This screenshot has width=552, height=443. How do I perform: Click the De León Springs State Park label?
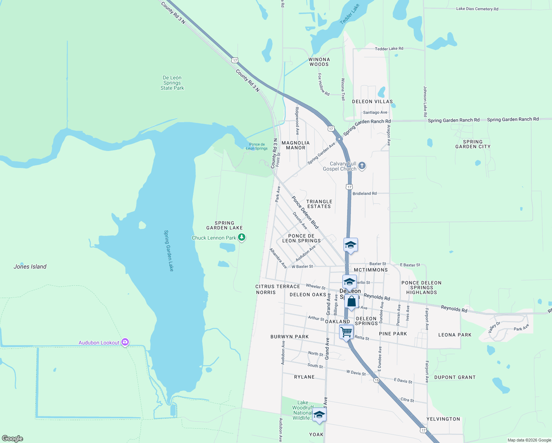(x=172, y=83)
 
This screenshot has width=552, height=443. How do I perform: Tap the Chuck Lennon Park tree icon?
(x=242, y=237)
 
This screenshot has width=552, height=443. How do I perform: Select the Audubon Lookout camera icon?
(x=125, y=342)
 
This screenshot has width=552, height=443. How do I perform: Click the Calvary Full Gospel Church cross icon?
(x=362, y=165)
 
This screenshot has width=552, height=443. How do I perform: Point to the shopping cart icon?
(x=346, y=332)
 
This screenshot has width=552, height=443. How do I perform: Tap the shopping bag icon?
(x=352, y=301)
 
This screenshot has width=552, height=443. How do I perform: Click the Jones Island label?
(x=30, y=267)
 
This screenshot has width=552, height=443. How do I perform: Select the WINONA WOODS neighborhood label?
(x=319, y=62)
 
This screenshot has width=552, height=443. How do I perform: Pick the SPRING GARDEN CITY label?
(x=473, y=144)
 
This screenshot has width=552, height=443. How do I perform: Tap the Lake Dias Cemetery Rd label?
(x=477, y=9)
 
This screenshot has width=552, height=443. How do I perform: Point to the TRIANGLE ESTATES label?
(x=319, y=204)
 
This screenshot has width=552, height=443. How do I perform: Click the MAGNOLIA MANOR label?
(x=296, y=145)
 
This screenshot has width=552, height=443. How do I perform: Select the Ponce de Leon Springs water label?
(x=257, y=147)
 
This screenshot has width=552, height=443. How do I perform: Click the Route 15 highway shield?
(x=376, y=380)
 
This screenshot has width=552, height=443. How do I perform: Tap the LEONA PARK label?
(x=455, y=335)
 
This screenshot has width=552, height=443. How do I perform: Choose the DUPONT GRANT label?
(x=455, y=377)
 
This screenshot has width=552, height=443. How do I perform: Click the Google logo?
(x=13, y=438)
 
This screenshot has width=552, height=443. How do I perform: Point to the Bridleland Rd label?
(x=365, y=193)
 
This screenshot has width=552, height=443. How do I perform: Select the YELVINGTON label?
(x=443, y=419)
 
